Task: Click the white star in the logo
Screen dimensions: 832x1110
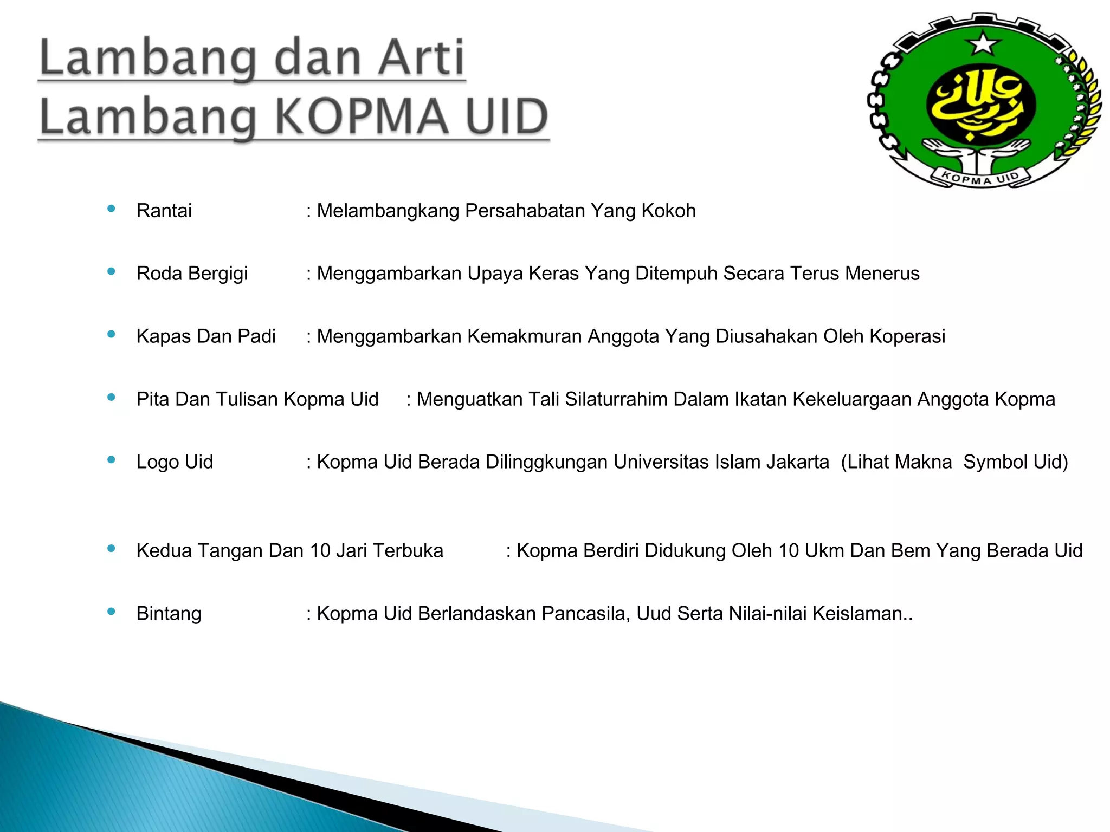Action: click(x=983, y=43)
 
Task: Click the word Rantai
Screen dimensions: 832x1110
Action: click(x=164, y=211)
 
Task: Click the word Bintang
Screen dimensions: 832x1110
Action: click(x=169, y=614)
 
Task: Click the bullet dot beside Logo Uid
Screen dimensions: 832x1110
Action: click(x=112, y=460)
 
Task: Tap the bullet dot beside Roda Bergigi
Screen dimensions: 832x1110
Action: click(x=112, y=271)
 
